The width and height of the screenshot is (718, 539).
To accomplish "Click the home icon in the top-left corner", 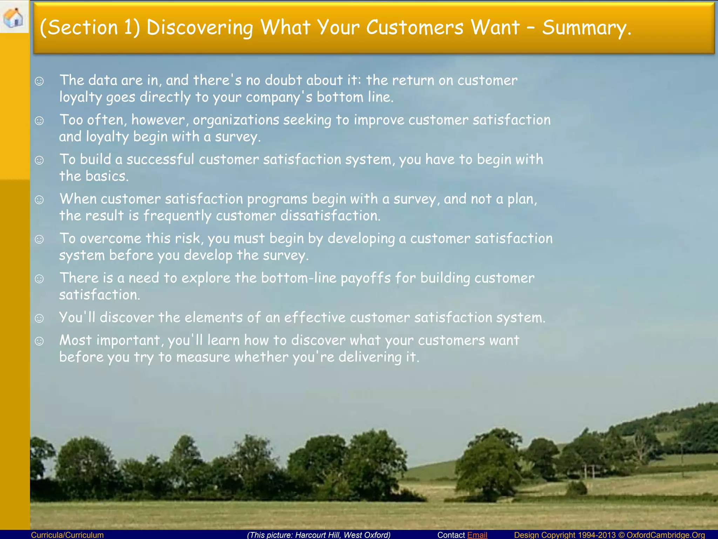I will (13, 17).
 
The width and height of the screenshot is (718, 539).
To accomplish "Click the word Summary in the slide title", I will (586, 28).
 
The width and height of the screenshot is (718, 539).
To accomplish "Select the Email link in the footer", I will (477, 535).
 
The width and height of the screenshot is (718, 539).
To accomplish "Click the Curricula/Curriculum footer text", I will (67, 535).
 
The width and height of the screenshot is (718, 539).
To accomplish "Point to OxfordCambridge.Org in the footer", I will (666, 535).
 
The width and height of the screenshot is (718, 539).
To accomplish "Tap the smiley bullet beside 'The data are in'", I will (39, 81).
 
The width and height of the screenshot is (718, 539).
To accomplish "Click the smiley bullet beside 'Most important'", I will (39, 341).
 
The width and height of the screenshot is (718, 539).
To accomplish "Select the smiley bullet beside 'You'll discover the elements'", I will (39, 318).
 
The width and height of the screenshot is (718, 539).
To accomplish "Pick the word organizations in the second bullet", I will (236, 120).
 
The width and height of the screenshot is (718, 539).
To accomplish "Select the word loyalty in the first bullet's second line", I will (80, 98).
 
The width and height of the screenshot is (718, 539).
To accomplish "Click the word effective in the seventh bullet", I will (314, 318).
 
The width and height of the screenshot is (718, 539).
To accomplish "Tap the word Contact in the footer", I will (451, 535).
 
